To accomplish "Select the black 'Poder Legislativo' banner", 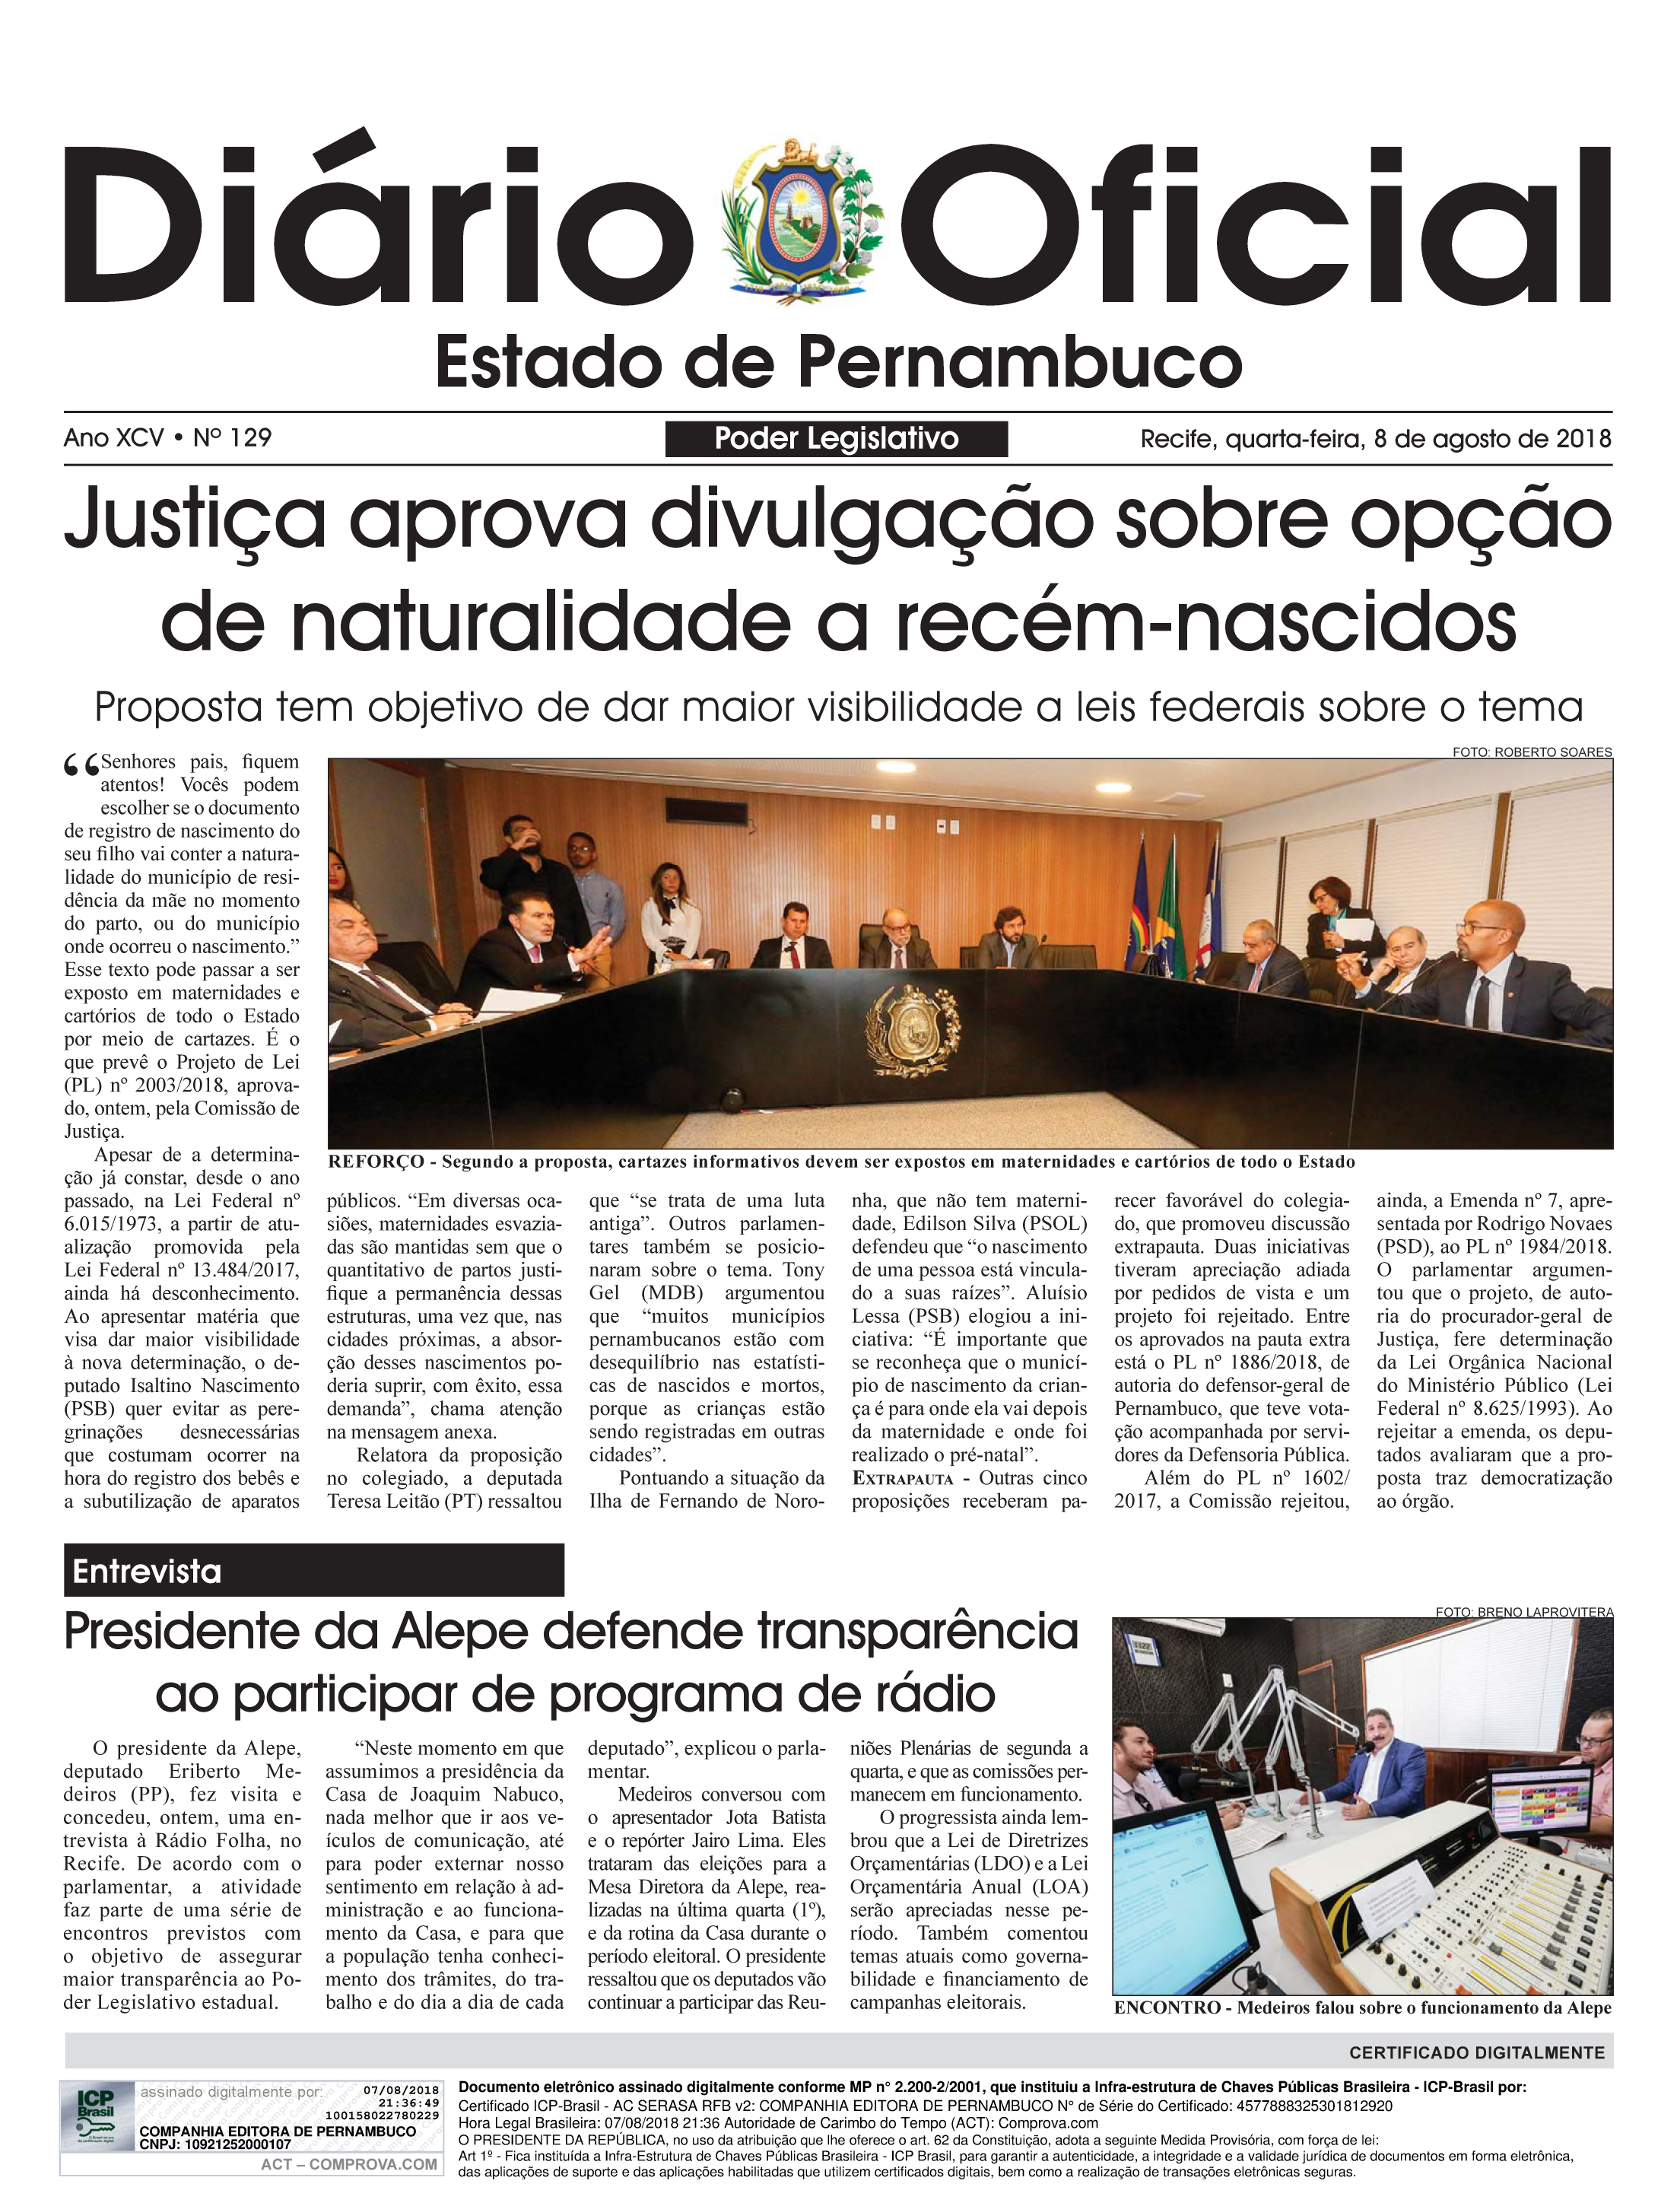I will coord(836,439).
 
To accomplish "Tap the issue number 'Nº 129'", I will coord(233,438).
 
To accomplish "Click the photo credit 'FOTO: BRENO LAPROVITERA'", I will coord(1523,1611).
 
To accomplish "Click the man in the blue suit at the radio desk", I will coord(1390,1779).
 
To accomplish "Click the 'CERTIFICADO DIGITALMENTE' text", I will coord(1476,2053).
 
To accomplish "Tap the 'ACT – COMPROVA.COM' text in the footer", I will coord(349,2164).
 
